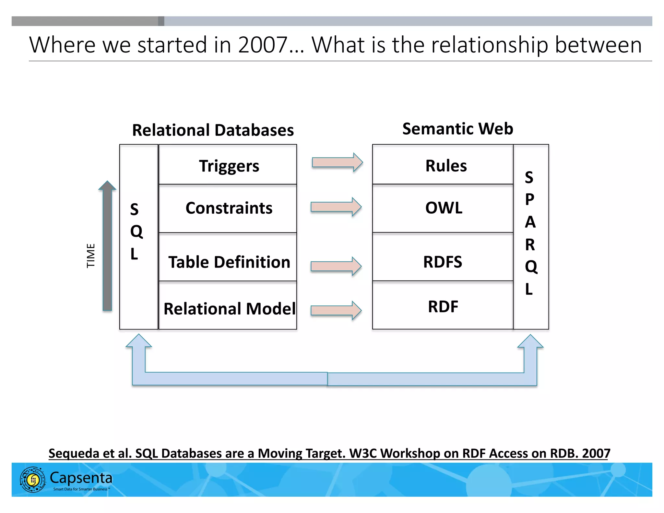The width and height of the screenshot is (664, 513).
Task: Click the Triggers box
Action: (228, 165)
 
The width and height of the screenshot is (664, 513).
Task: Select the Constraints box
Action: (228, 208)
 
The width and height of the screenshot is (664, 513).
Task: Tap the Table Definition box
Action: (228, 257)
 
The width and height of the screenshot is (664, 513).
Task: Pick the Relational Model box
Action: (228, 306)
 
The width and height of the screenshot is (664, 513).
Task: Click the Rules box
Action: (443, 165)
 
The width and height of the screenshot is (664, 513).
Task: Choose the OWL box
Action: (443, 208)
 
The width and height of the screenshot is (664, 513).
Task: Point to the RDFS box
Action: (443, 257)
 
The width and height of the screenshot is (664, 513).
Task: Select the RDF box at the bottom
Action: (443, 306)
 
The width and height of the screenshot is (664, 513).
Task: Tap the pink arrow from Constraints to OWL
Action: (336, 207)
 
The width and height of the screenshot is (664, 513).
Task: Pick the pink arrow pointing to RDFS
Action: (336, 266)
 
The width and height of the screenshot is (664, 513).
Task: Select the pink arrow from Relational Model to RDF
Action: (336, 310)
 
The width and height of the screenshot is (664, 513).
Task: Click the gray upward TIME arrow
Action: (107, 246)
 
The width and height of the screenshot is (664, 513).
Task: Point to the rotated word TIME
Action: (91, 256)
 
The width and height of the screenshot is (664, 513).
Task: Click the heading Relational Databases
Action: (213, 130)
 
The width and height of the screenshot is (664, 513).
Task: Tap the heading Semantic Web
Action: (457, 129)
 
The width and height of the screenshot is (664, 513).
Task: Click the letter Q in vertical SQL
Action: (136, 232)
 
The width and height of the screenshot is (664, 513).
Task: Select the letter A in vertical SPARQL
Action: (530, 222)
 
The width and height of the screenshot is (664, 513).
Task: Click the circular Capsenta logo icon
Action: (33, 480)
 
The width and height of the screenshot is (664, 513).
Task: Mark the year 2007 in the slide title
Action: (263, 45)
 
